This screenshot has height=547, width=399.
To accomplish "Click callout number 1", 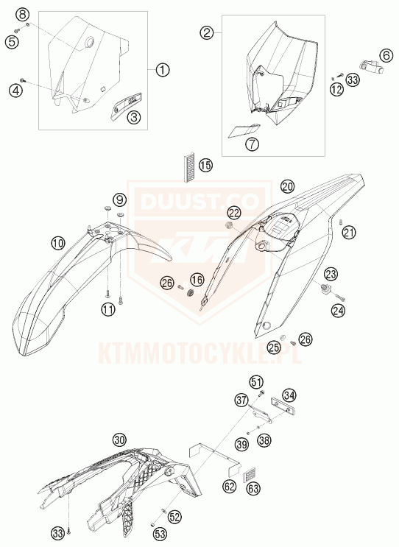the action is pos(163,70).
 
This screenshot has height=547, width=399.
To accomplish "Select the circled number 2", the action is pos(207,33).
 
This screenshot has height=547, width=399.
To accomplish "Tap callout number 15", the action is pos(206,165).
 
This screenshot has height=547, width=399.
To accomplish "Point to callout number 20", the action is pos(288,187).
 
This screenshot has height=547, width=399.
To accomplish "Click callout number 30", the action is pos(120,440).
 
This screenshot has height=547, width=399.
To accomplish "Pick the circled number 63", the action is pos(253,488).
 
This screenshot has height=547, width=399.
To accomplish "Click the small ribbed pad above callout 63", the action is pos(250,473).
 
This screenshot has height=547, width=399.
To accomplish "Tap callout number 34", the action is pos(289,395).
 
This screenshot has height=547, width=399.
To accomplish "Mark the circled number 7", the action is pos(252,144).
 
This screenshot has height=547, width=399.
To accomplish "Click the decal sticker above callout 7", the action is pos(244,130).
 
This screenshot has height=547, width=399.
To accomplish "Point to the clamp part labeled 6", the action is pos(372,67).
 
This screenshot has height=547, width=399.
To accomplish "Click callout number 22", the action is pos(235,213).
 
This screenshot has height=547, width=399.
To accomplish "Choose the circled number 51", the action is pos(256,382).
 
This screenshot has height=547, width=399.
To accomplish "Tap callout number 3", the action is pos(134,117).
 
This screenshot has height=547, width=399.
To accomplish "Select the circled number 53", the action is pos(160,534).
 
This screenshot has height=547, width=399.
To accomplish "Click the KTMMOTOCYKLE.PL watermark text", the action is pos(199,353).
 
